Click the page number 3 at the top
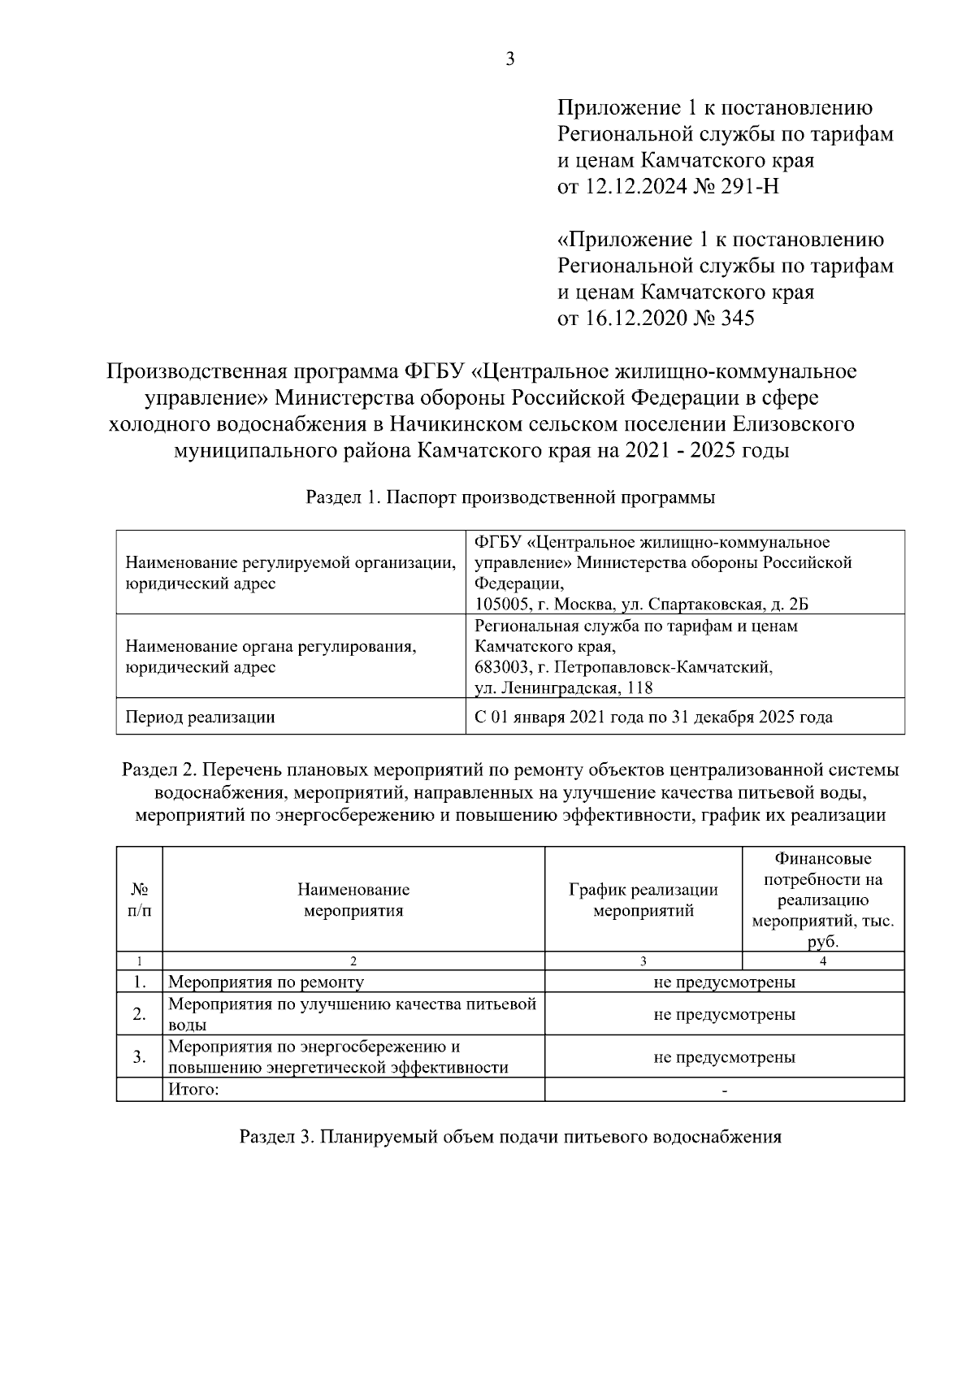(509, 59)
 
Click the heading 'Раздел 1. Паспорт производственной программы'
(510, 498)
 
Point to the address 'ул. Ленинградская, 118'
(564, 688)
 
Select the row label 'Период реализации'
(200, 717)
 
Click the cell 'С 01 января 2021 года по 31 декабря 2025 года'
(653, 717)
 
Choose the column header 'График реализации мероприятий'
(643, 900)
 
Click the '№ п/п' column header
(139, 900)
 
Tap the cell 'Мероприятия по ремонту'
(266, 982)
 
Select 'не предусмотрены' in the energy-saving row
(724, 1057)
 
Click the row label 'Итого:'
(193, 1090)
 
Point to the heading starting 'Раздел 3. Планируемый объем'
(510, 1137)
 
